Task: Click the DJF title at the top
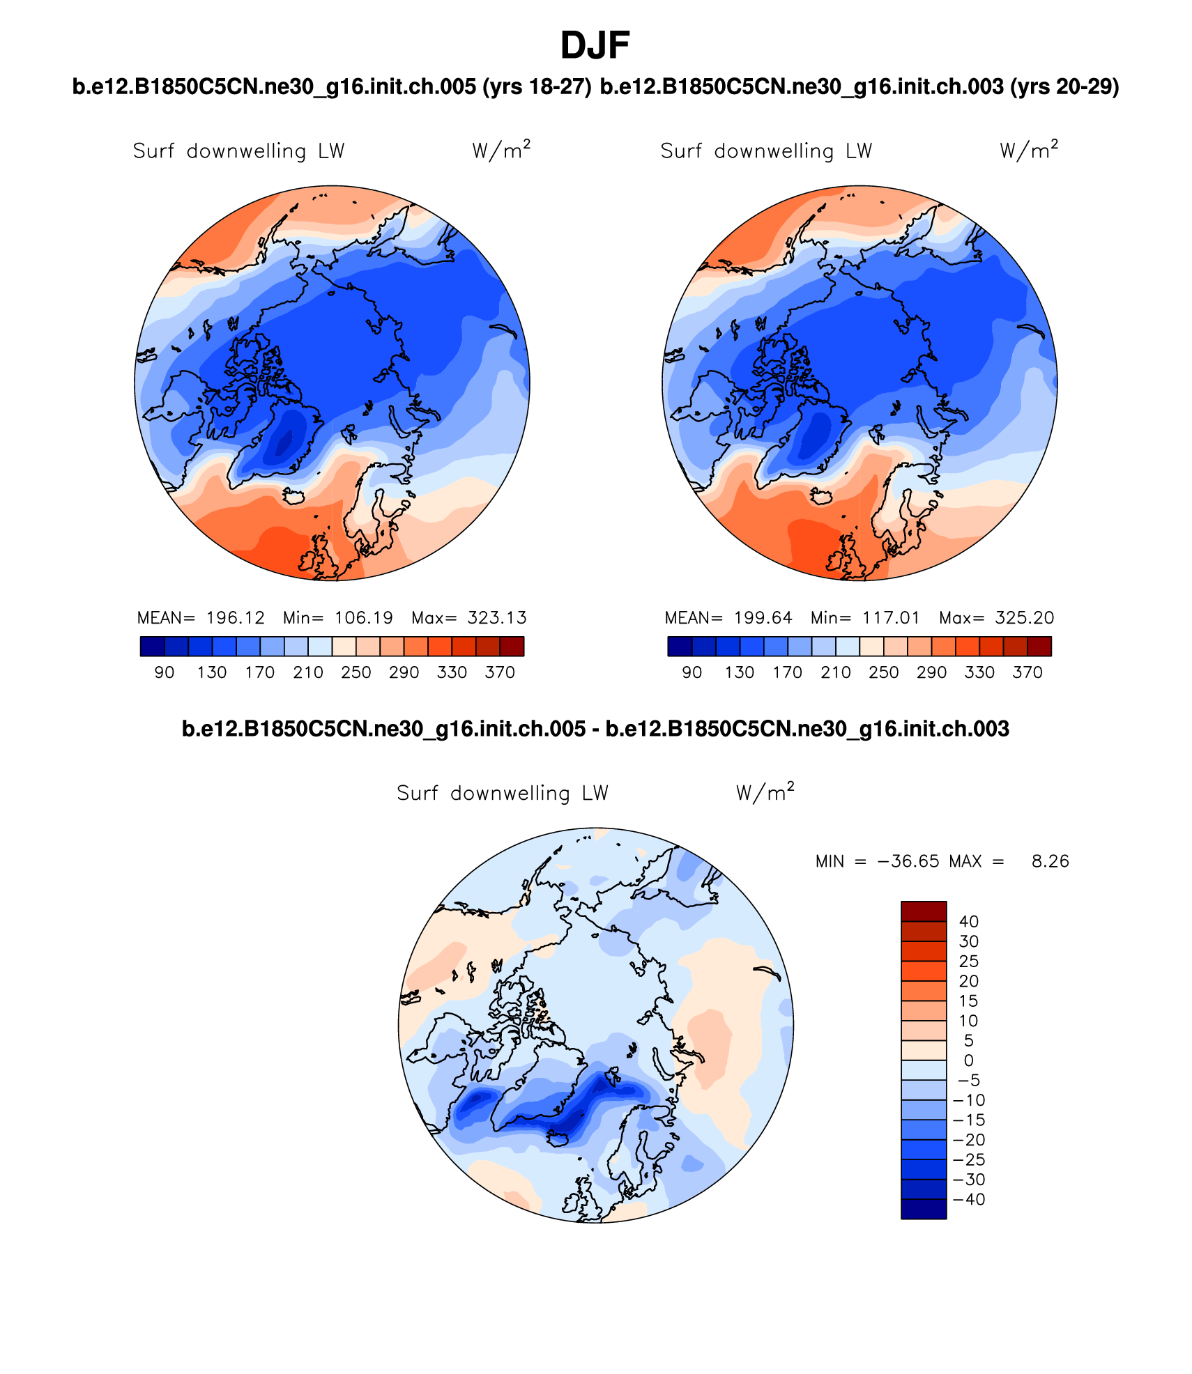[x=595, y=46]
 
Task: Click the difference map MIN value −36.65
[x=908, y=862]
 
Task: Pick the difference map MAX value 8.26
[x=1050, y=862]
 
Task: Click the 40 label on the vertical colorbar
[x=968, y=922]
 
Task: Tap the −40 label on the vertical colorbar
[x=968, y=1199]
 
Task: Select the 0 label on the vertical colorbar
[x=968, y=1060]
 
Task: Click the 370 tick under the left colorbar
[x=500, y=672]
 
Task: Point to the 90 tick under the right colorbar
[x=691, y=672]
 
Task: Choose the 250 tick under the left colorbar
[x=356, y=672]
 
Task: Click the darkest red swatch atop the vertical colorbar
[x=924, y=911]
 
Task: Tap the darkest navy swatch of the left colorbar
[x=152, y=647]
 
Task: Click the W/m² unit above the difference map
[x=765, y=792]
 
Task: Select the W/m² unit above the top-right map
[x=1028, y=150]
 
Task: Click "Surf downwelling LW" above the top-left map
[x=238, y=151]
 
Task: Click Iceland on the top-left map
[x=294, y=496]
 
